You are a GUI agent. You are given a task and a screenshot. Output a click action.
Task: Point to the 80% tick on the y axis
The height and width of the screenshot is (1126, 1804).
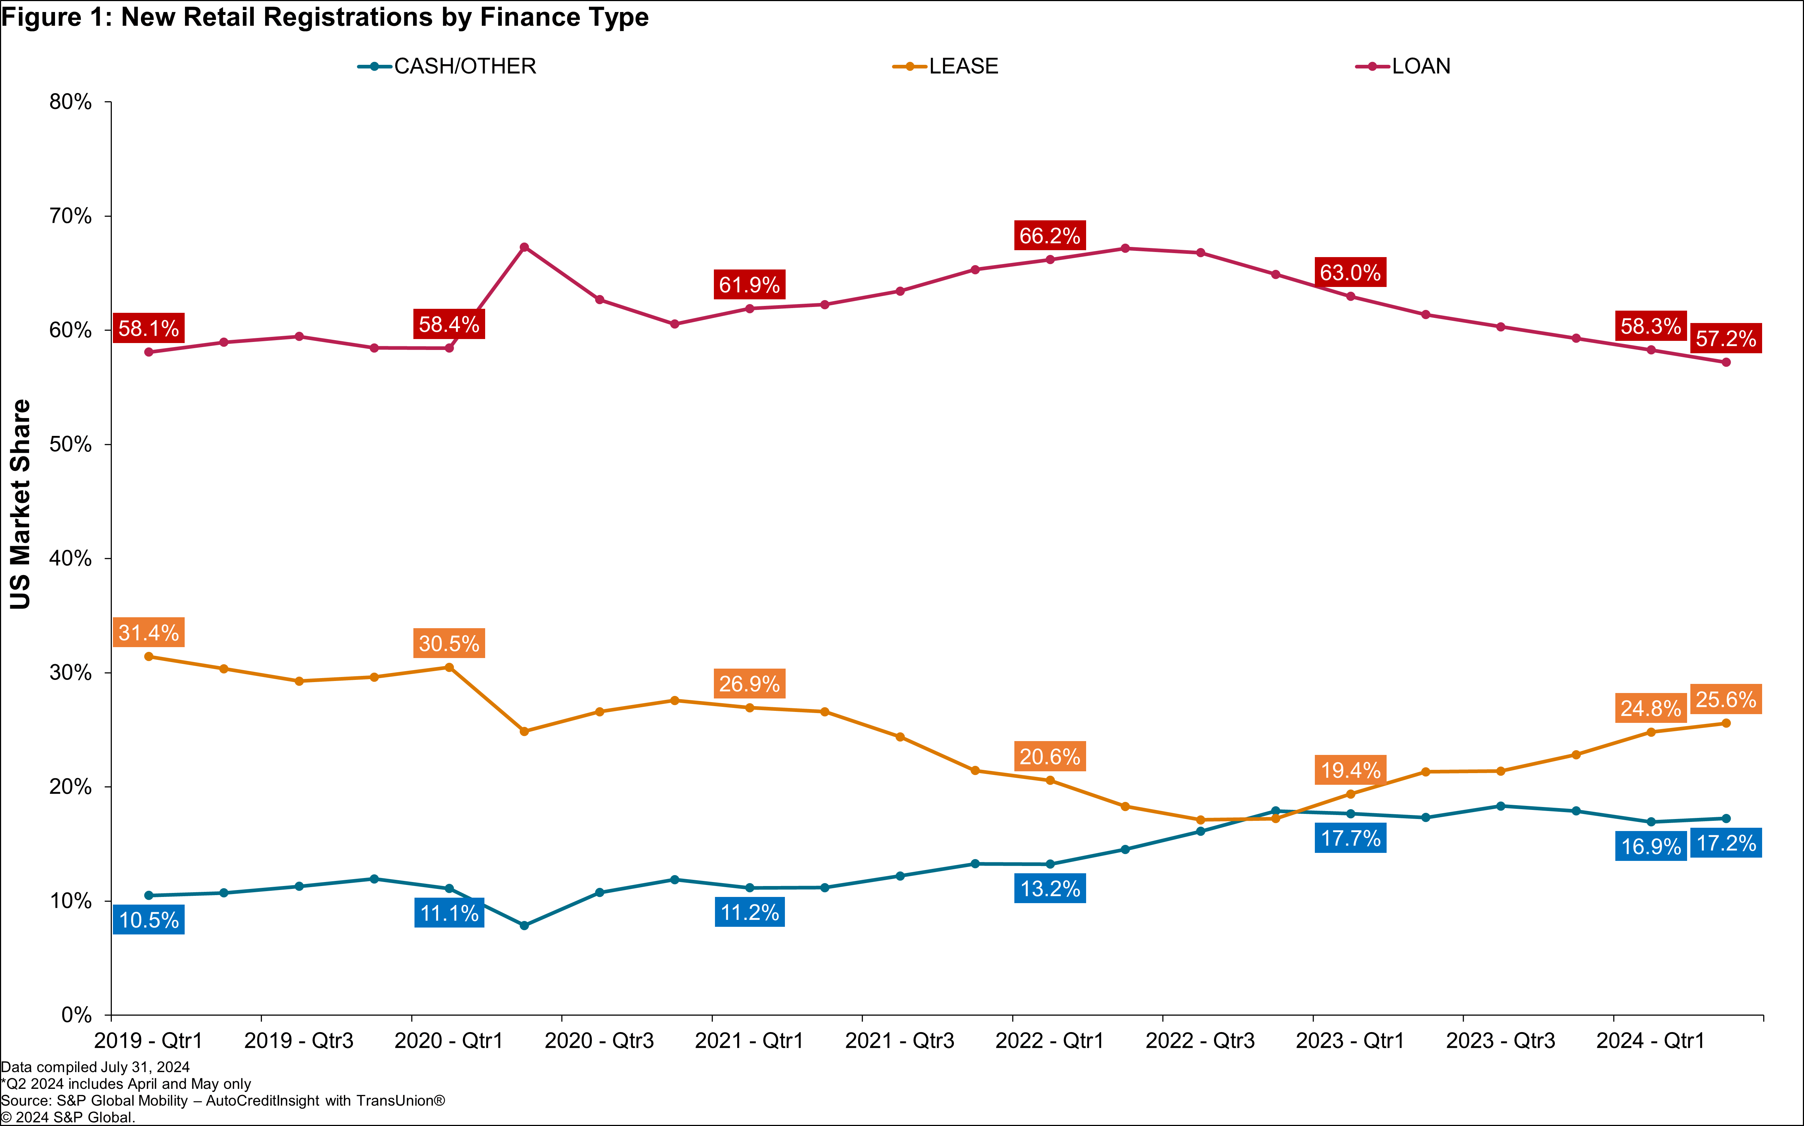[x=71, y=102]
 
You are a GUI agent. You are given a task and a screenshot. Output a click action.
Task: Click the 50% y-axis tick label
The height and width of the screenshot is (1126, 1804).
[x=71, y=445]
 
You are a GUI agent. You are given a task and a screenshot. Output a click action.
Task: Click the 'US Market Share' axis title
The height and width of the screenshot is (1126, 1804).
[x=20, y=504]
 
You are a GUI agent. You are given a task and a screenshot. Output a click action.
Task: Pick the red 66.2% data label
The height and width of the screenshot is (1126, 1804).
[x=1049, y=236]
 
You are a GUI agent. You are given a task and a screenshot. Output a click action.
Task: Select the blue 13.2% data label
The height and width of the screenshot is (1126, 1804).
[x=1049, y=889]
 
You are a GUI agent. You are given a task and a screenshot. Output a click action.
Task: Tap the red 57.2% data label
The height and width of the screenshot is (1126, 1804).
[x=1726, y=339]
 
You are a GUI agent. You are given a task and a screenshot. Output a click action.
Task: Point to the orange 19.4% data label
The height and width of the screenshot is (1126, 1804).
[x=1351, y=770]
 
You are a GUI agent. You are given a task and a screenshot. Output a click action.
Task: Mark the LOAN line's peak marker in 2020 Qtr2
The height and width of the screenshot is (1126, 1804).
[x=524, y=247]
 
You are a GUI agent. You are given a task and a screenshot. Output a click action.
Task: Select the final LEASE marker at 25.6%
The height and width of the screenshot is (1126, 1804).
[x=1726, y=723]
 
